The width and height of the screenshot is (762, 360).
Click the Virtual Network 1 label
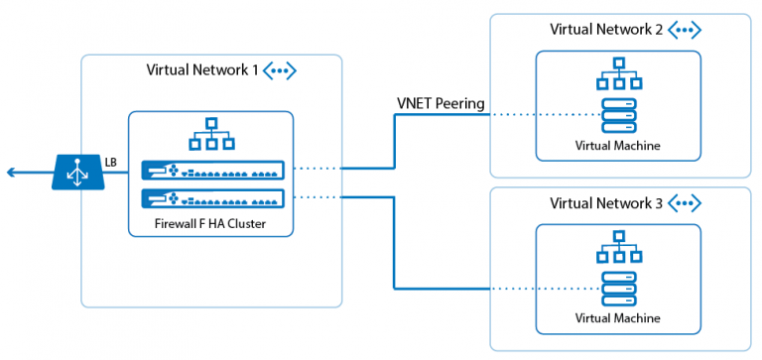point(202,70)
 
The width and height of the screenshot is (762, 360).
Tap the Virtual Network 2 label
point(606,29)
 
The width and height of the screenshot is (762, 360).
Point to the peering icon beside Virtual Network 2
point(685,29)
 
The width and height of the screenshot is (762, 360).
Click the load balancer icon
point(77,173)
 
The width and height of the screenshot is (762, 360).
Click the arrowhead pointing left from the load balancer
point(11,173)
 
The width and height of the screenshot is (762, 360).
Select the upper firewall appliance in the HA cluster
point(211,170)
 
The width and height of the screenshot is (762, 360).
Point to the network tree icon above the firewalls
point(210,135)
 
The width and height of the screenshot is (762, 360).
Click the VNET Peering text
point(439,103)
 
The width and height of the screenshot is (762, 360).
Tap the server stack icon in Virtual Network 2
point(618,114)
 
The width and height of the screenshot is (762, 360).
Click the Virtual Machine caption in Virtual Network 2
point(618,146)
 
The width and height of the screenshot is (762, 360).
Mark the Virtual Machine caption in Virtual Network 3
point(618,319)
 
